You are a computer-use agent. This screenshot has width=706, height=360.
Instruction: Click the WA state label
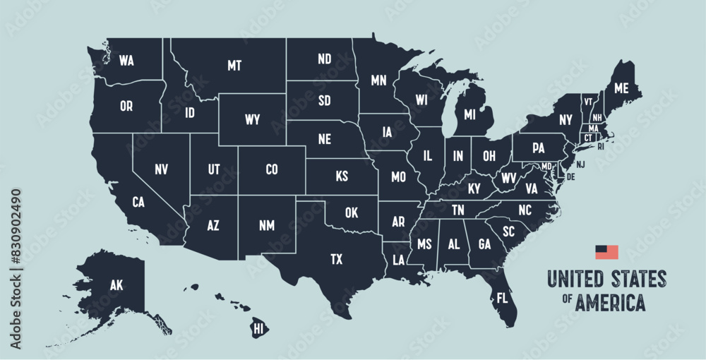[126, 61]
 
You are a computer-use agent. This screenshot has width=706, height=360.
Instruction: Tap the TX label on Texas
[337, 259]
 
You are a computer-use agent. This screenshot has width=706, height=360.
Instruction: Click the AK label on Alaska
[116, 285]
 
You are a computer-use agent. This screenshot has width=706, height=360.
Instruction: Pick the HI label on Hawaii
[258, 329]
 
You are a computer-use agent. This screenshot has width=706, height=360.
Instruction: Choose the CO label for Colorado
[272, 169]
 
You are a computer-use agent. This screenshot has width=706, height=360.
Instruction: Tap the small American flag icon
[606, 251]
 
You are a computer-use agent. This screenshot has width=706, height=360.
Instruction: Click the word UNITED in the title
[572, 277]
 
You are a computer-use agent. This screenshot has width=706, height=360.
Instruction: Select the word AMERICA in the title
[610, 303]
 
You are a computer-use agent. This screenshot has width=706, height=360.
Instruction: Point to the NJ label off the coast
[580, 164]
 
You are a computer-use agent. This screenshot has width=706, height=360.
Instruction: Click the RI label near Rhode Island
[601, 147]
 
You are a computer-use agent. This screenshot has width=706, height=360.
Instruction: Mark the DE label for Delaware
[570, 176]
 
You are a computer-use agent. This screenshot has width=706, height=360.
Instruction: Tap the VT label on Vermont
[587, 102]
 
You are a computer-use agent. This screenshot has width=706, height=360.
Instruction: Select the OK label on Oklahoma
[352, 212]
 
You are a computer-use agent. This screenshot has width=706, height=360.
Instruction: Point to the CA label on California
[138, 203]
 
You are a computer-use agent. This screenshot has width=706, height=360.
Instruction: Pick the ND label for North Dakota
[325, 59]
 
